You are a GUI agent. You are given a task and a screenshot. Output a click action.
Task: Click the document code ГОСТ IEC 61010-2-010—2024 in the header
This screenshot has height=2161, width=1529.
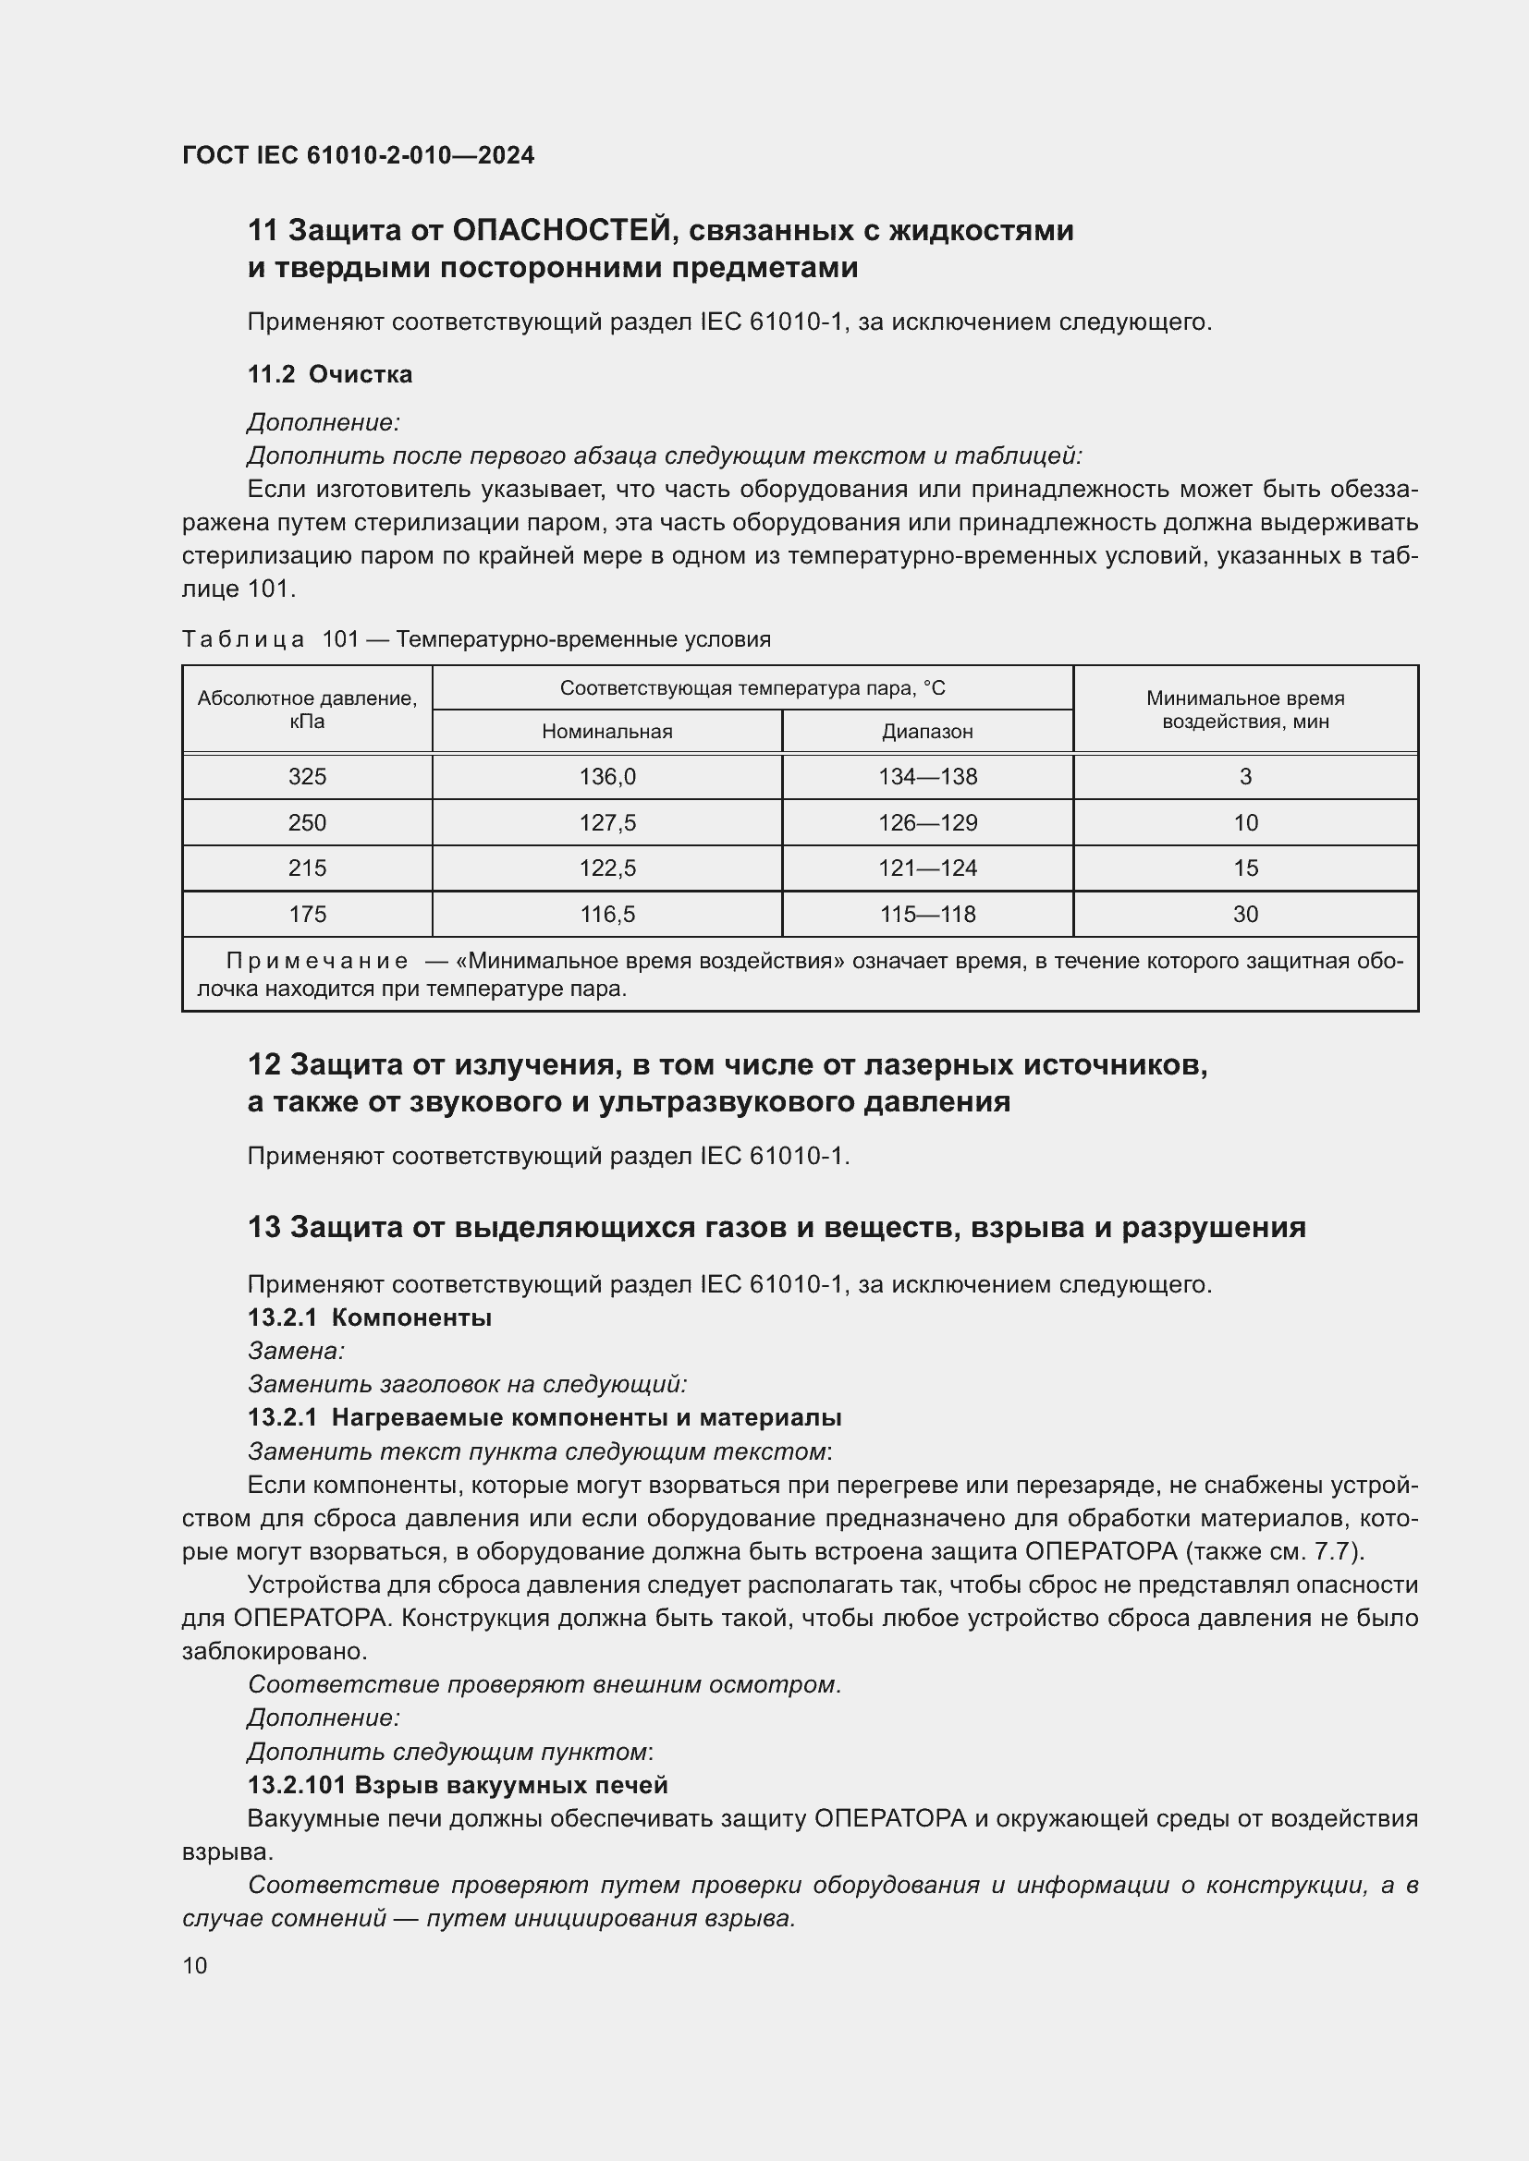tap(358, 155)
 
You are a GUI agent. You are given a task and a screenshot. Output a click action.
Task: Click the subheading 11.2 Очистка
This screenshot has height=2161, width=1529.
tap(329, 374)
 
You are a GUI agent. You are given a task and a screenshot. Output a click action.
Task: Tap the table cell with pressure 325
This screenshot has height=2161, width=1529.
tap(307, 776)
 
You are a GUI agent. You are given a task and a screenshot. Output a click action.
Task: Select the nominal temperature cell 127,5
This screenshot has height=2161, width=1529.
tap(607, 822)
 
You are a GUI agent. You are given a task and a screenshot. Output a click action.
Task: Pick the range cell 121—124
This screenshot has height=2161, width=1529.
tap(927, 868)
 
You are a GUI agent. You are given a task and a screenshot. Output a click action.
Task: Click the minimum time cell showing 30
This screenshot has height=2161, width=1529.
tap(1244, 914)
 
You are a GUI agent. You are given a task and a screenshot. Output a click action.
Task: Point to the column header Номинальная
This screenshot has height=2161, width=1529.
tap(607, 732)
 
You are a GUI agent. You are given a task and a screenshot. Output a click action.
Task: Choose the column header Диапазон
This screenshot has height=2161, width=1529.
tap(927, 732)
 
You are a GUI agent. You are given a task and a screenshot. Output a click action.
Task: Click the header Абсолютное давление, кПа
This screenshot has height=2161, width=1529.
tap(307, 710)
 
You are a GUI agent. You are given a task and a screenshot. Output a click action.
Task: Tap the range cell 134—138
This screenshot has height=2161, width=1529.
tap(927, 776)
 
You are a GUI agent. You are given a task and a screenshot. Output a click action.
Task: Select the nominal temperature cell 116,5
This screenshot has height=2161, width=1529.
tap(607, 914)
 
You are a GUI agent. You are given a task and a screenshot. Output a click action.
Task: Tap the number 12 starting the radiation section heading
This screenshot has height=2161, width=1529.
tap(264, 1064)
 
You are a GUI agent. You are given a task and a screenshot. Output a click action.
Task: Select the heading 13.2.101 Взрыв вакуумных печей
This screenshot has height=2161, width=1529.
tap(458, 1785)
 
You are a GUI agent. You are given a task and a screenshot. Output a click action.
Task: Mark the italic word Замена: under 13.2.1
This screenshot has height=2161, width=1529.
tap(297, 1351)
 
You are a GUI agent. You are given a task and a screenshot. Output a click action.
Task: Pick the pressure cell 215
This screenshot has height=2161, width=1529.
tap(307, 868)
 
